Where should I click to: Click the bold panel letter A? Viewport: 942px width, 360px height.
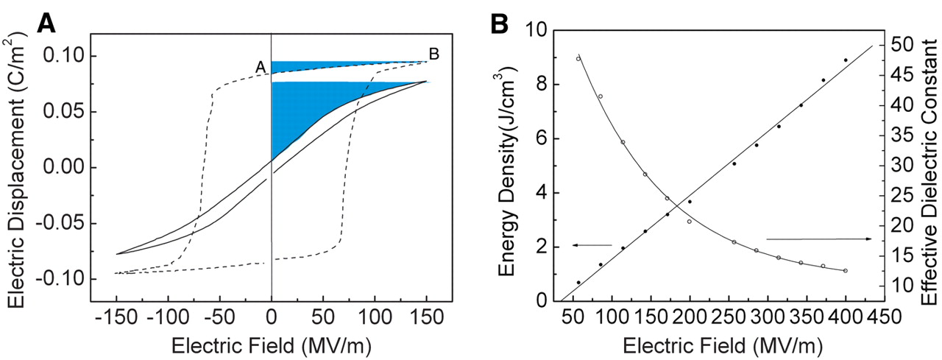[x=46, y=24]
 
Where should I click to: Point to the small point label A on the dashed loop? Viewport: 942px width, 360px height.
[x=260, y=67]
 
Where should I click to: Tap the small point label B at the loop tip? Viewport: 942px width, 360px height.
[x=434, y=54]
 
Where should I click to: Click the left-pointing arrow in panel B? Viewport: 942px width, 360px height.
[x=592, y=244]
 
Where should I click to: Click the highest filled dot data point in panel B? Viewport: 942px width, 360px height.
[x=846, y=60]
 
